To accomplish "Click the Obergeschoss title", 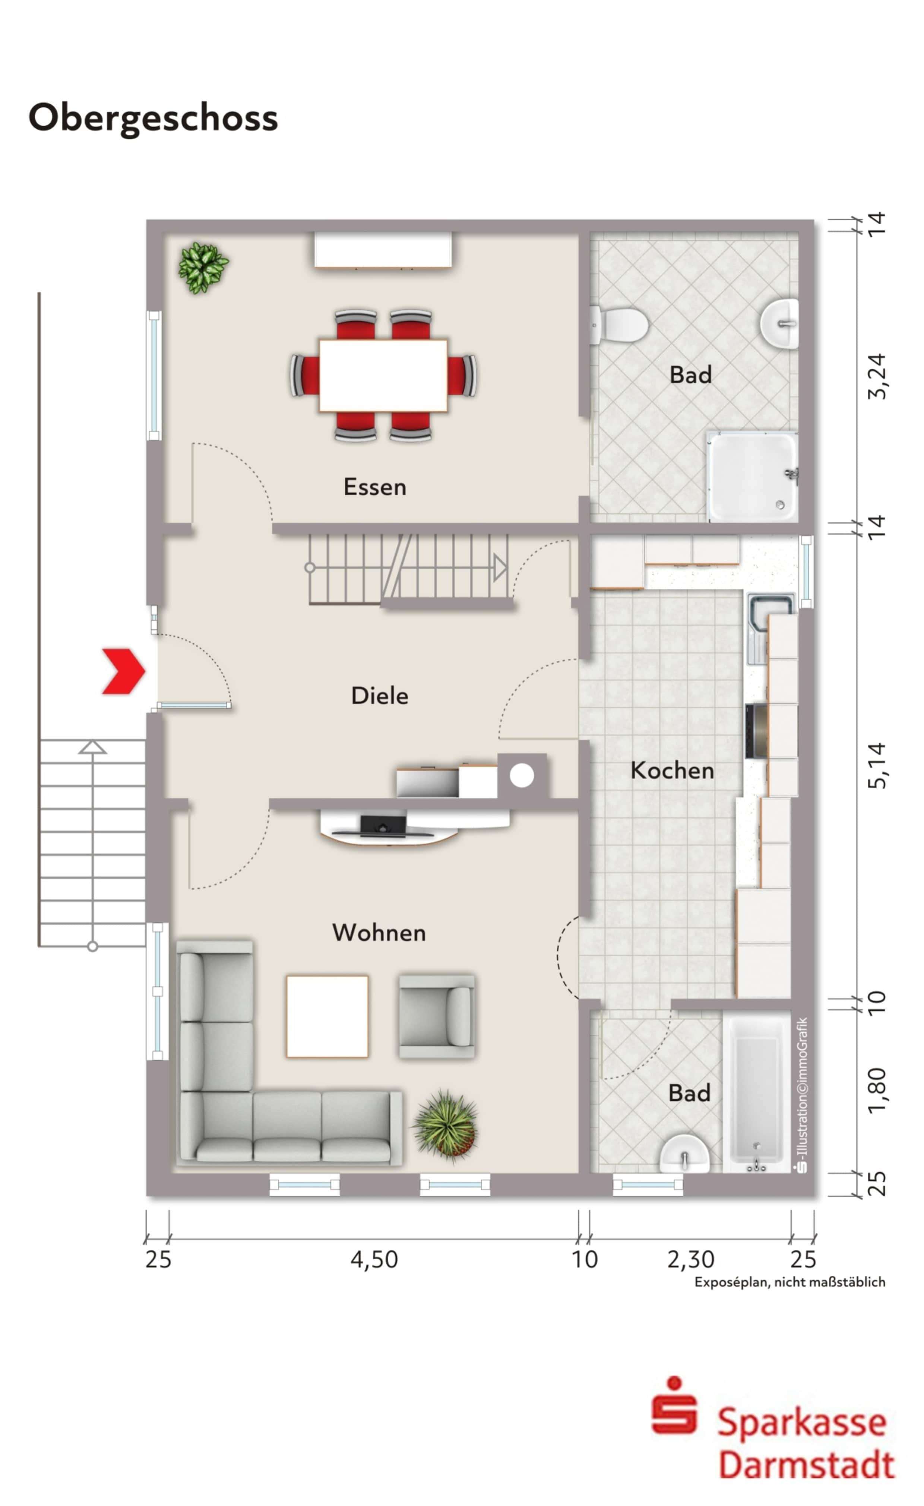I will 153,118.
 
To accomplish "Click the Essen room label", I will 374,487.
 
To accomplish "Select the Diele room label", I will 380,696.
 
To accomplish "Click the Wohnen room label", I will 379,933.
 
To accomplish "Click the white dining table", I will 383,375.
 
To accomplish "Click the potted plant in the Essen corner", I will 203,267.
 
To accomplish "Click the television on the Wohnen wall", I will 383,825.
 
